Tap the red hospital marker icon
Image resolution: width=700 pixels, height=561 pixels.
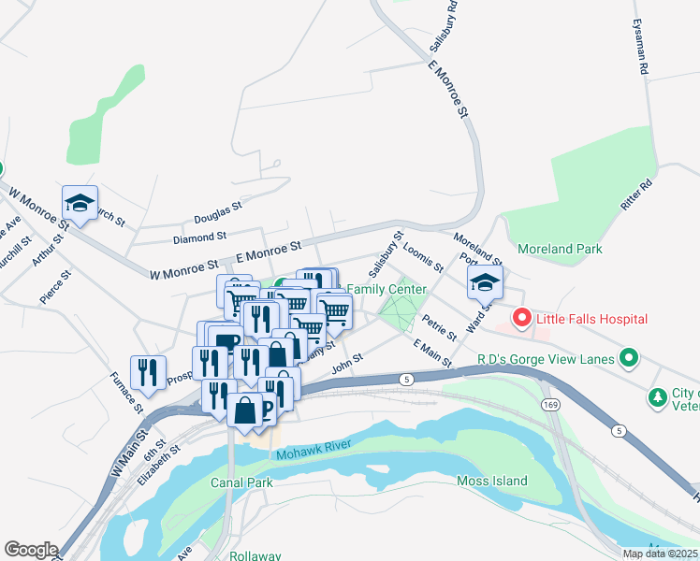point(521,320)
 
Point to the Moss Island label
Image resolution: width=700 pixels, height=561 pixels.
point(492,482)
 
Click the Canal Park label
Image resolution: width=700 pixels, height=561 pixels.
point(241,483)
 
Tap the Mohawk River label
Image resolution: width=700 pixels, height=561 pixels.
point(312,454)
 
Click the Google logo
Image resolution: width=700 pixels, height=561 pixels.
point(31,550)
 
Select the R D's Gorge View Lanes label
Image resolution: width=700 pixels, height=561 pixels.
point(546,358)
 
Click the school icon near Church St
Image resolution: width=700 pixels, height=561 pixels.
point(80,203)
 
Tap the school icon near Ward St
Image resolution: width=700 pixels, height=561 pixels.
point(486,282)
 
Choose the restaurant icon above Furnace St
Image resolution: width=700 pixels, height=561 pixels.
point(148,372)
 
